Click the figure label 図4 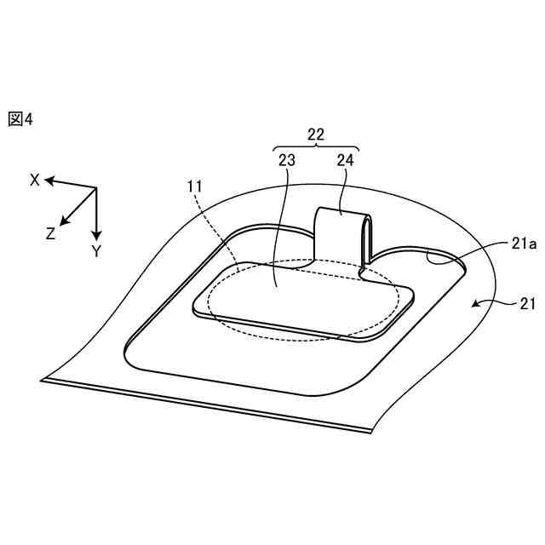[20, 119]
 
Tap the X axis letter [35, 179]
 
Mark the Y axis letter [96, 251]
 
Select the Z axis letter [51, 232]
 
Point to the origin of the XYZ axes [96, 188]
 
